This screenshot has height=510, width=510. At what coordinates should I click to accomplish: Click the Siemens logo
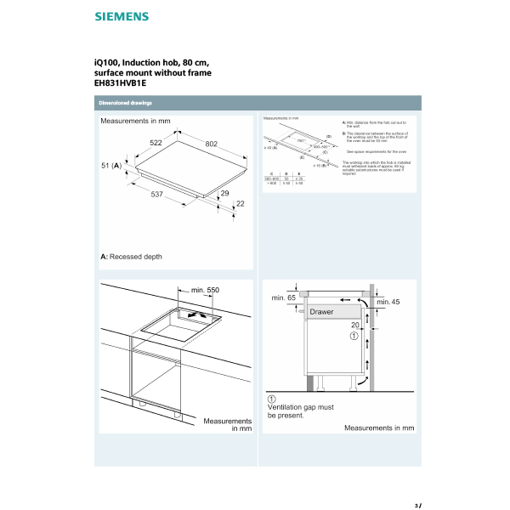pyautogui.click(x=121, y=16)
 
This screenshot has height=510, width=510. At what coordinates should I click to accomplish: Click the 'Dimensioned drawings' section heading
pyautogui.click(x=124, y=103)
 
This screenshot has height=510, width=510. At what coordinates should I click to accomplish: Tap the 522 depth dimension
pyautogui.click(x=157, y=143)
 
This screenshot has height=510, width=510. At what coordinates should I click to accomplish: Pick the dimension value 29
pyautogui.click(x=224, y=194)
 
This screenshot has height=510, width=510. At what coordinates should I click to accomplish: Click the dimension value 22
pyautogui.click(x=239, y=203)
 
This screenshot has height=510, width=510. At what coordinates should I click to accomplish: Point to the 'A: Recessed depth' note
pyautogui.click(x=131, y=256)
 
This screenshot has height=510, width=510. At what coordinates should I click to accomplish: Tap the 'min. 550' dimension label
pyautogui.click(x=205, y=291)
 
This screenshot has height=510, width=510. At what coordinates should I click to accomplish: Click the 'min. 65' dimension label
pyautogui.click(x=283, y=298)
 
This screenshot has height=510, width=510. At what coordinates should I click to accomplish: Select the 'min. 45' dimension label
pyautogui.click(x=387, y=302)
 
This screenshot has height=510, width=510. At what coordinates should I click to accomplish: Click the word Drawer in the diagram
pyautogui.click(x=321, y=312)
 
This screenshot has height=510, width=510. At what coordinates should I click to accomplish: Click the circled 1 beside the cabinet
pyautogui.click(x=355, y=336)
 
